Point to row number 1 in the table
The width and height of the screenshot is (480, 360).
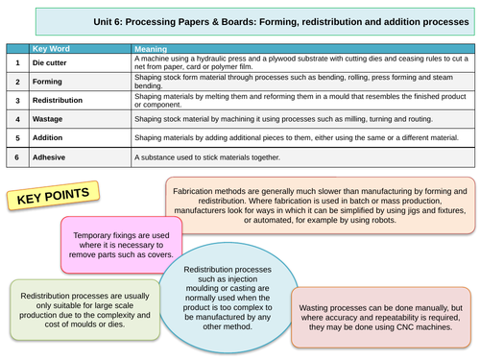point(16,62)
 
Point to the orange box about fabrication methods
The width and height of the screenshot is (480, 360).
point(321,204)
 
